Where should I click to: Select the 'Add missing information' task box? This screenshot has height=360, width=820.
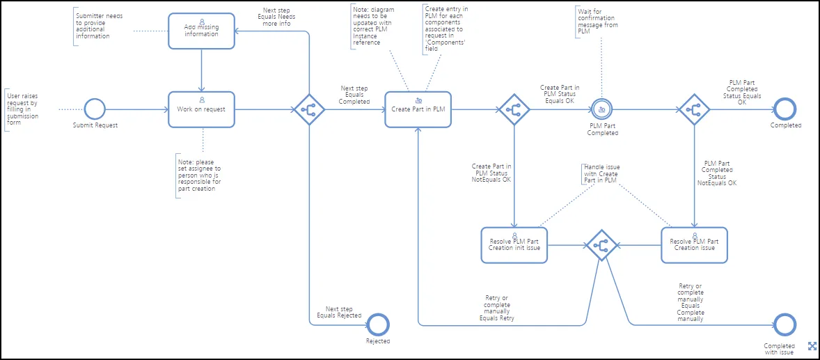[x=201, y=31]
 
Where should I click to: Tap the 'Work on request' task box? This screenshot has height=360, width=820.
[x=201, y=109]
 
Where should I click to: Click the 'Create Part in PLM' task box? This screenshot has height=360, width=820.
[x=418, y=109]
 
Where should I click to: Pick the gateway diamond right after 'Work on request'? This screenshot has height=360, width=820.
[x=310, y=109]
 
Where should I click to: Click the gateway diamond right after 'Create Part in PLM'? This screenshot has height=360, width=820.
[x=514, y=109]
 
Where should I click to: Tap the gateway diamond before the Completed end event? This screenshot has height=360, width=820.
[x=694, y=109]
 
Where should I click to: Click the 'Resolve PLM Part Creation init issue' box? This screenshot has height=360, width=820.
[x=514, y=245]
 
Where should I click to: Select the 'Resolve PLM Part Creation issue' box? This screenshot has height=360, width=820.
[x=694, y=245]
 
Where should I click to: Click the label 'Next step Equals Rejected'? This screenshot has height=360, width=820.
[x=340, y=313]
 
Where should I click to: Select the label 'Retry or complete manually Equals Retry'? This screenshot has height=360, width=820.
[x=497, y=308]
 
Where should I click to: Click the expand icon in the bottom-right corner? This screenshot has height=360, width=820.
[x=812, y=345]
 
